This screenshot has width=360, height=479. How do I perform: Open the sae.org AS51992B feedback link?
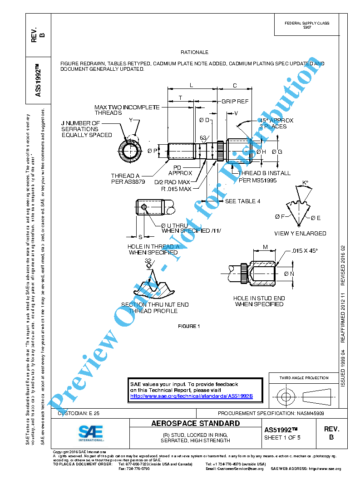coord(191,396)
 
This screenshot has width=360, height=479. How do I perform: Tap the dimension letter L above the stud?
coord(191,85)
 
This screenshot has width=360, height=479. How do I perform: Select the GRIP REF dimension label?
coord(235,101)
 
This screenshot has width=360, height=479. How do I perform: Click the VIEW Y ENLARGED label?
coord(300,233)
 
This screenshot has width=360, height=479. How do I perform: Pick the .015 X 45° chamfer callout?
coord(305,250)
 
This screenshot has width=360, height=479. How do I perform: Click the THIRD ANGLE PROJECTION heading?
coord(304,378)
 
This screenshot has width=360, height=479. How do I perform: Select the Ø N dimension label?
coord(289,274)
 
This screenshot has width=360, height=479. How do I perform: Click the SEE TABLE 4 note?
coord(243,201)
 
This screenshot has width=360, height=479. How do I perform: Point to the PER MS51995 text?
coord(258,180)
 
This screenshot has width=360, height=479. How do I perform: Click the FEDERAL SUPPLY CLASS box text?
coord(307,25)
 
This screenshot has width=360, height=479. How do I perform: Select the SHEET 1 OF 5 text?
coord(282,438)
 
